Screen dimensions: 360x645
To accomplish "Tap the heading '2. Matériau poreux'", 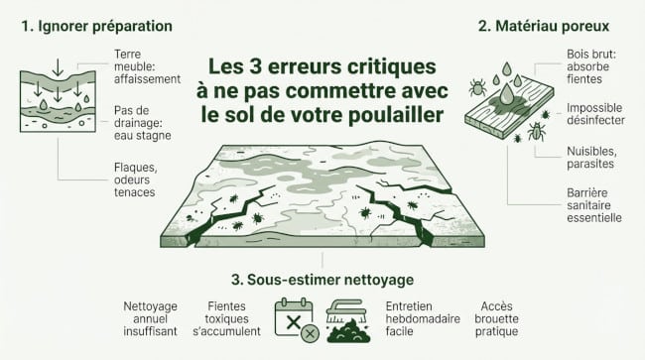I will coord(542,24).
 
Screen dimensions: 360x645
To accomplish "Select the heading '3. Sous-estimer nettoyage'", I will coord(322,281).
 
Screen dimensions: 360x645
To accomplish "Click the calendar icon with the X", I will coord(294,318).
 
